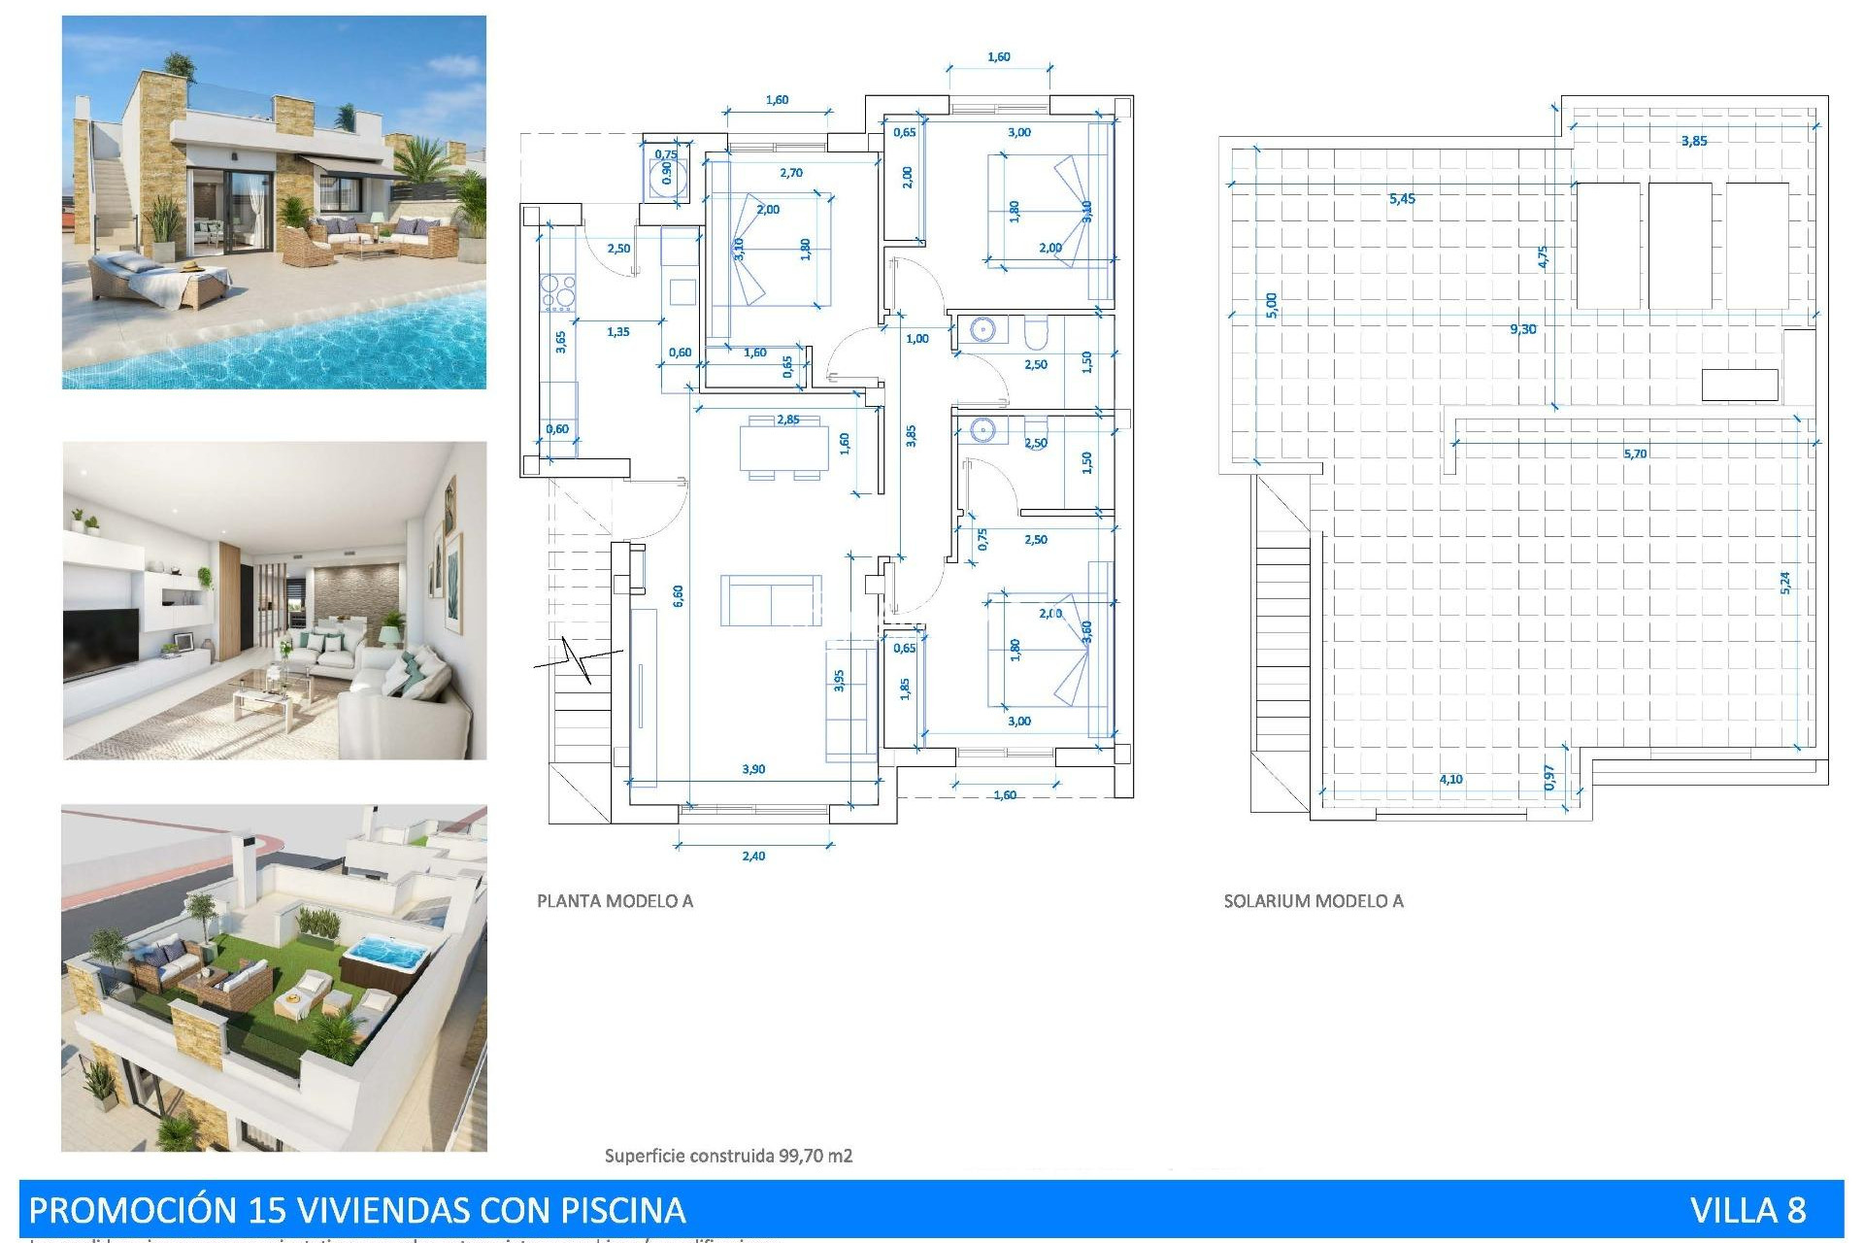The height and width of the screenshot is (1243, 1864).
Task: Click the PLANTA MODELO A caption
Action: (615, 901)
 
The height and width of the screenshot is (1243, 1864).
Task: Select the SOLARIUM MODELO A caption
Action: (1313, 901)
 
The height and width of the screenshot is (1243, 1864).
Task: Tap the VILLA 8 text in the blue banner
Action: (1747, 1210)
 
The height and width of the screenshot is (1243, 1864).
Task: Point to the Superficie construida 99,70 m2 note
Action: (728, 1156)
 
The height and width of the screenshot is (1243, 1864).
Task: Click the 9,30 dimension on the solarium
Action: (1522, 329)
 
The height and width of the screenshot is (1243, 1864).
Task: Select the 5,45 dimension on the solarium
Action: (1401, 199)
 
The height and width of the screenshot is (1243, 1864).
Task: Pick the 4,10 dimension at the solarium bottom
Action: (1450, 779)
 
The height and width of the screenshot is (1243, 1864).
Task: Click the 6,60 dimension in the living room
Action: (678, 596)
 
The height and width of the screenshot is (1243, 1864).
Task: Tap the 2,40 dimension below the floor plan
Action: (753, 856)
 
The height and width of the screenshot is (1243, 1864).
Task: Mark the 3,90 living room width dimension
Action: (753, 769)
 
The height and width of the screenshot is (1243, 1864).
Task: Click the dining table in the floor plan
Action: (783, 448)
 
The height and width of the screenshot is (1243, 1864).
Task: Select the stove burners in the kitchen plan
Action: (557, 292)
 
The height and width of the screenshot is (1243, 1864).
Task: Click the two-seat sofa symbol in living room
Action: (771, 600)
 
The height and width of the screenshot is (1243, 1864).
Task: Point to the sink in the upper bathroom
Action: (983, 331)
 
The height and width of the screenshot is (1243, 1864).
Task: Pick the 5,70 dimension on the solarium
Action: (1634, 454)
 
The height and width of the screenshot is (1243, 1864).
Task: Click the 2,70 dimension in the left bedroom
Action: (791, 173)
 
